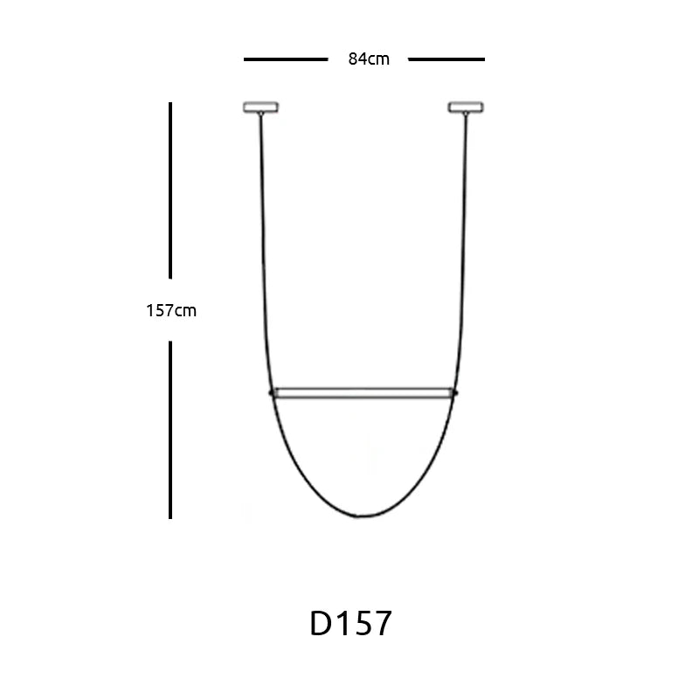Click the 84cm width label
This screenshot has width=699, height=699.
point(368,59)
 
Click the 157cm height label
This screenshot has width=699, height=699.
point(171,310)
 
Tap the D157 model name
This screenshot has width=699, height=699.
point(351,624)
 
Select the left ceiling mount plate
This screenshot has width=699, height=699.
point(260,107)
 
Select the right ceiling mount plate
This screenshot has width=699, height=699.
point(466,107)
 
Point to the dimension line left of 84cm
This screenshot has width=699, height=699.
point(285,59)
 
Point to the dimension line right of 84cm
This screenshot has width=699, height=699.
point(446,59)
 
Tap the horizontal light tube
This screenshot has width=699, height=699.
point(362,392)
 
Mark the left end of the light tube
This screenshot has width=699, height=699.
point(272,392)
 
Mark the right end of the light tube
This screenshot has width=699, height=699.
point(453,392)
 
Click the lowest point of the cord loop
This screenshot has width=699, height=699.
point(360,517)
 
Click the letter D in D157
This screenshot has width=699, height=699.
point(322,624)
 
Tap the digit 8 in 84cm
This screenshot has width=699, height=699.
point(352,59)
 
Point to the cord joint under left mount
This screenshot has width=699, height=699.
point(260,114)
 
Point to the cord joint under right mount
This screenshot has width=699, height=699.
point(466,114)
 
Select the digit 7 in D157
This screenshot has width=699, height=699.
point(381,624)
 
